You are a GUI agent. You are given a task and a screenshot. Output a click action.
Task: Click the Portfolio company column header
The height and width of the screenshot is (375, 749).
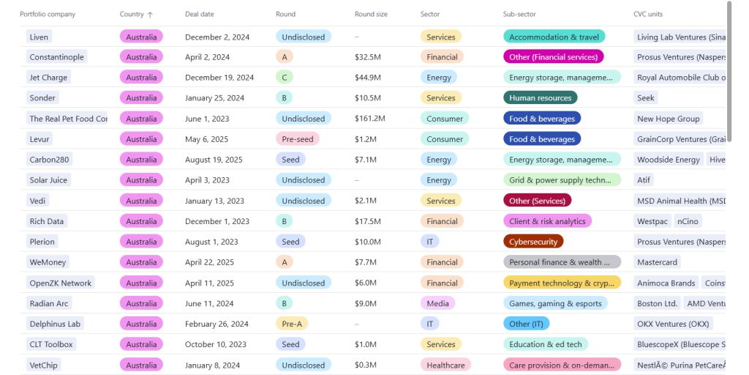(48, 15)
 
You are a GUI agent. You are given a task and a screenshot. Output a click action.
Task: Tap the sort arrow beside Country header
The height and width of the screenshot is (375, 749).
(151, 15)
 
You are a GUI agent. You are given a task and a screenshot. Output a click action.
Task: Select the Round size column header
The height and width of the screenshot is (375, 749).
(371, 15)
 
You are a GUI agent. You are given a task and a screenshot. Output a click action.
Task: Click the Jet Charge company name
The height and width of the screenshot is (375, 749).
(48, 78)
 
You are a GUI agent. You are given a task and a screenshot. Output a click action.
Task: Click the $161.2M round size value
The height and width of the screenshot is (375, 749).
(371, 119)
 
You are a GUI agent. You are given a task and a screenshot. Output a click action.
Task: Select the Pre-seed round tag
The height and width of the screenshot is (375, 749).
(297, 139)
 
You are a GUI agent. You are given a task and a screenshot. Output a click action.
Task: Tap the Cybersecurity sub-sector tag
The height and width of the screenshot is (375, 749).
(533, 242)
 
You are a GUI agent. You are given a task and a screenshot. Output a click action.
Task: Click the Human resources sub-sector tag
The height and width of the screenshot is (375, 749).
(540, 98)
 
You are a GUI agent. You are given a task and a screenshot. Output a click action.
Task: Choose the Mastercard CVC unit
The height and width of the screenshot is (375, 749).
(657, 262)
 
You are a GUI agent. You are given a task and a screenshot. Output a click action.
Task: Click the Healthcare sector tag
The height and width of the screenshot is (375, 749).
(445, 365)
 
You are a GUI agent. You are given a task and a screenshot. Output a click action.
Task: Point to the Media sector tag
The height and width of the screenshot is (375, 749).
(437, 303)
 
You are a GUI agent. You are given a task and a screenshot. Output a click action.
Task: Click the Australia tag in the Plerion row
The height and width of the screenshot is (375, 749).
(141, 242)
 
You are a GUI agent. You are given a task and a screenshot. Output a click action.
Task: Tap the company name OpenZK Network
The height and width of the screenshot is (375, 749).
(61, 283)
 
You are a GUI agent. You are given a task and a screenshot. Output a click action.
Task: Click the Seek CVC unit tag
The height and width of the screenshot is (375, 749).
(646, 98)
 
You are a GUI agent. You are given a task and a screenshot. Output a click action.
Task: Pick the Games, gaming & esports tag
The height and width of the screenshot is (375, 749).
(555, 303)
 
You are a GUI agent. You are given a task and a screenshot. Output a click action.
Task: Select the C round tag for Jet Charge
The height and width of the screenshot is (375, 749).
(284, 78)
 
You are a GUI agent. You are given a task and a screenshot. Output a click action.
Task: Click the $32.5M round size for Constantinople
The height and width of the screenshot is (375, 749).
(367, 57)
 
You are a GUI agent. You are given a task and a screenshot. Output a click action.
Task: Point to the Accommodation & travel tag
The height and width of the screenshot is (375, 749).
(554, 37)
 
